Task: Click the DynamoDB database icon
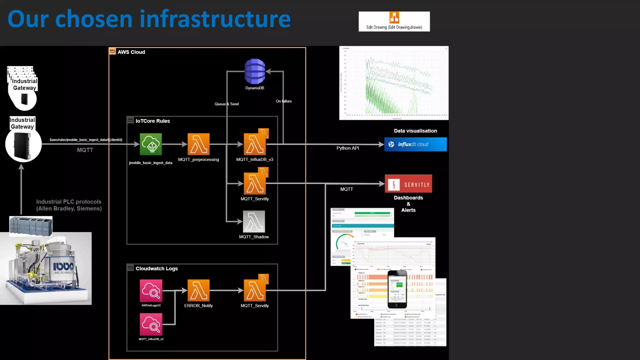point(255,72)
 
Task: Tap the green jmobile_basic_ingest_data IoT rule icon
point(151,144)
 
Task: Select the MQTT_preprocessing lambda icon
point(198,144)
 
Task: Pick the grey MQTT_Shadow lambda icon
point(254,222)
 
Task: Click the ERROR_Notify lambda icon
point(198,290)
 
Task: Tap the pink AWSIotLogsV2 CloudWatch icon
point(151,291)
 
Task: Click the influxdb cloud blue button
point(415,144)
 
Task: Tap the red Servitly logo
point(408,184)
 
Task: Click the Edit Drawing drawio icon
point(394,18)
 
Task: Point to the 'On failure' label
point(284,101)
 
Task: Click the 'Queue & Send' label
point(227,104)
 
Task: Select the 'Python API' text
point(347,148)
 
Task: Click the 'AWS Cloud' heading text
point(131,52)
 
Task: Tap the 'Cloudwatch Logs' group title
point(157,269)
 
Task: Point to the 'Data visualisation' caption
point(415,131)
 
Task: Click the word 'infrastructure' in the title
point(215,19)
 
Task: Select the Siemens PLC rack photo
point(31,225)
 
